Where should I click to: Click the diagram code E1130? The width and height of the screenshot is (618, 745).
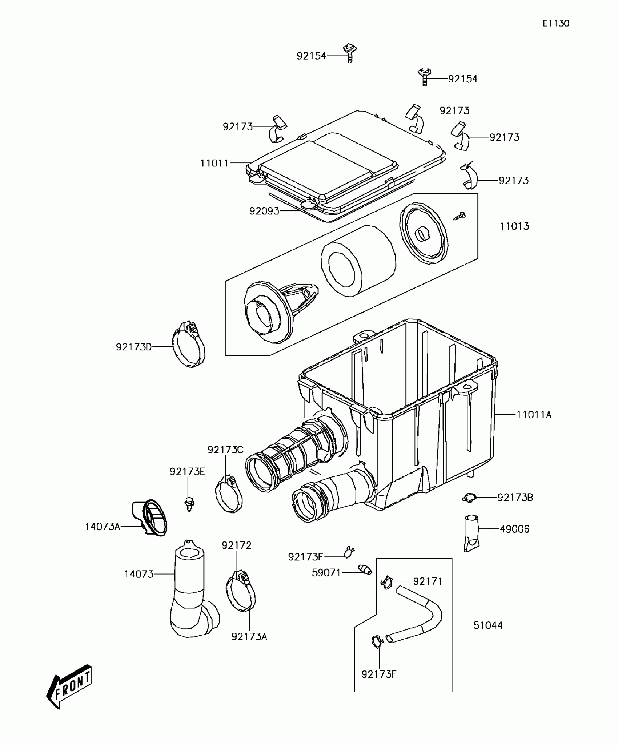pos(556,24)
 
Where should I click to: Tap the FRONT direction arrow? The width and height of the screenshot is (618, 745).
pos(69,686)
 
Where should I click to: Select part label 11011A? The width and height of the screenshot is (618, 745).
pos(534,415)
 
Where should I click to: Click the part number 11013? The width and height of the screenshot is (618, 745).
pos(514,226)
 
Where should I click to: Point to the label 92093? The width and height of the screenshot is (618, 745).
pos(264,211)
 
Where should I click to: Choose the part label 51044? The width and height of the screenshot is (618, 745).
pos(488,625)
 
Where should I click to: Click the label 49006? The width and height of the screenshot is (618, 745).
pos(514,529)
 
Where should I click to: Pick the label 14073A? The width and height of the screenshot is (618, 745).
pos(103,527)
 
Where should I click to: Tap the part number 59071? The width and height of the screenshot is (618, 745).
pos(326,573)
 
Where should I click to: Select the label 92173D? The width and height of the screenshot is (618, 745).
pos(133,347)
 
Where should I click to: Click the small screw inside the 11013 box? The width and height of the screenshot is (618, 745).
pos(460,217)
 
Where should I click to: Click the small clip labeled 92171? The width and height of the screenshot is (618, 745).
pos(387,582)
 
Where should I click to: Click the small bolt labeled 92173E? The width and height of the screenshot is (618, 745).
pos(189,503)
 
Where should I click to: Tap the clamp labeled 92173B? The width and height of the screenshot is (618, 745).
pos(469,498)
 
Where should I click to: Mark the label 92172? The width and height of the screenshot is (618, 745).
pos(236,545)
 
